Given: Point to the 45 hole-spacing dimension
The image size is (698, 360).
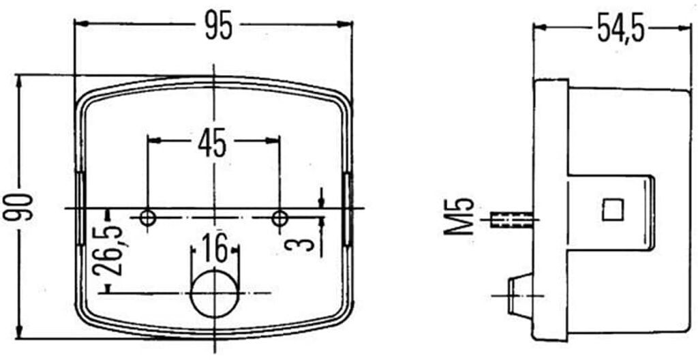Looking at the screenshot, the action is click(213, 143).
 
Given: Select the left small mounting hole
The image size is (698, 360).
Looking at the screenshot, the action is click(147, 218).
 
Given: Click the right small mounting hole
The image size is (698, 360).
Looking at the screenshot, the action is click(279, 219).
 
